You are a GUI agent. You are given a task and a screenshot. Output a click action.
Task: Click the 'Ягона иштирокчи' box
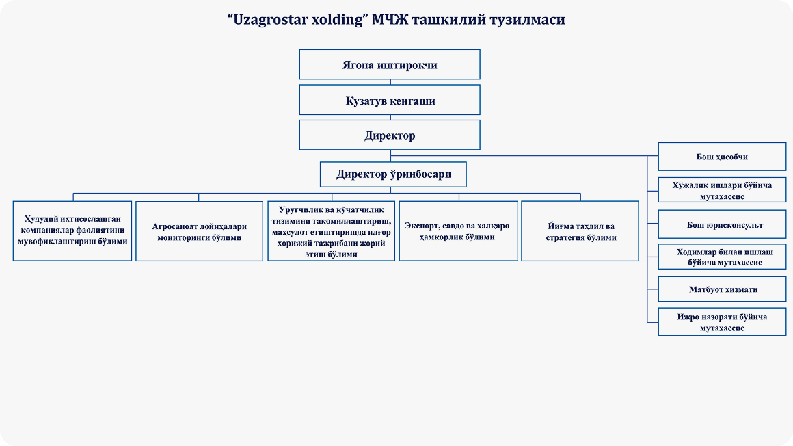coord(390,65)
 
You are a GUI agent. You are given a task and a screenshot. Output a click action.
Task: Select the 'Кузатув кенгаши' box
coord(390,101)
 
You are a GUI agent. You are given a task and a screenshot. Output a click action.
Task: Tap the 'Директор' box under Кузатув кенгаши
coord(390,135)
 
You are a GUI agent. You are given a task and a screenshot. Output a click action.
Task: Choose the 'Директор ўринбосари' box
coord(394,174)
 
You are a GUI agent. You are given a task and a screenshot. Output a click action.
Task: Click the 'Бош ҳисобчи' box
coord(722,157)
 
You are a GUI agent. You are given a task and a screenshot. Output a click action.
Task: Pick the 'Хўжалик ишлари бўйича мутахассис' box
coord(722,190)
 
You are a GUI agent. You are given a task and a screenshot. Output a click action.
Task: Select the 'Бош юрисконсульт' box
coord(722,224)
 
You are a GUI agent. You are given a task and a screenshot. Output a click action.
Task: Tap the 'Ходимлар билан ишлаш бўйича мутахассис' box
coord(722,257)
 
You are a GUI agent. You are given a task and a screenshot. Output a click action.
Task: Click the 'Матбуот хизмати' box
coord(722,289)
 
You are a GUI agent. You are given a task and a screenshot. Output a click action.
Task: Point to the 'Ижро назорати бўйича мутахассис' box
coord(722,322)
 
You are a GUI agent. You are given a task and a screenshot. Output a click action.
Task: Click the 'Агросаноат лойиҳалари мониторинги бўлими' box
coord(199,231)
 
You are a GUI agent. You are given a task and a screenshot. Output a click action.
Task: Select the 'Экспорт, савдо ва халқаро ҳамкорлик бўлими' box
coord(458,231)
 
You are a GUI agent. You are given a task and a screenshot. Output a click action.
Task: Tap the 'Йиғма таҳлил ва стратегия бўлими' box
coord(580,231)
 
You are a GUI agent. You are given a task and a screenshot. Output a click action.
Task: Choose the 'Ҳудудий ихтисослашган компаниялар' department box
coord(72,231)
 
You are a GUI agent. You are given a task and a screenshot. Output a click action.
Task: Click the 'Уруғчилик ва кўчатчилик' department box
coord(331,231)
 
